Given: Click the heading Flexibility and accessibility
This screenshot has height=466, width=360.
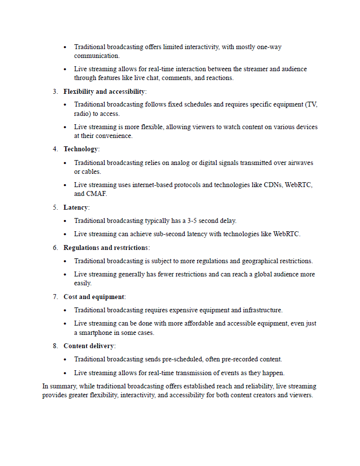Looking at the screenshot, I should click(x=104, y=92).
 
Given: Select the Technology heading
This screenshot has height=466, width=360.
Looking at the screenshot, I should click(x=81, y=149).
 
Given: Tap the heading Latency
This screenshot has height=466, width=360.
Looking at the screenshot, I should click(x=76, y=208).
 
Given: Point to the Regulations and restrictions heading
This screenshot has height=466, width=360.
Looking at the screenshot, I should click(x=106, y=248).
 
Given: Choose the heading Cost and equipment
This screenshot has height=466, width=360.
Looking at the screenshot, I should click(x=94, y=297).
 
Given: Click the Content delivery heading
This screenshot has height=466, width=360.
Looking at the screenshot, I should click(x=89, y=346).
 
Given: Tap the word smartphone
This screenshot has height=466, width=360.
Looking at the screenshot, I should click(x=96, y=333).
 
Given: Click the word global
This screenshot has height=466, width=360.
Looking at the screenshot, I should click(x=248, y=274).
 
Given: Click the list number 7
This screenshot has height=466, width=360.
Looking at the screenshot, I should click(x=55, y=297).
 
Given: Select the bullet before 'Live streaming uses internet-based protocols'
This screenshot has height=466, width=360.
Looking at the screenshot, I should click(x=65, y=185).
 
